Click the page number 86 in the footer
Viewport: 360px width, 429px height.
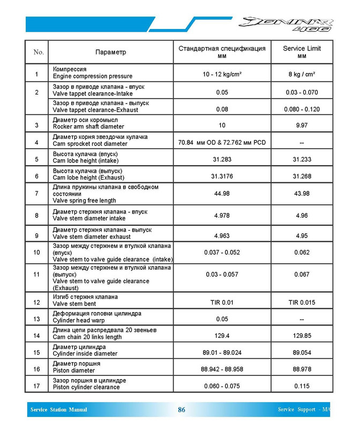coord(182,410)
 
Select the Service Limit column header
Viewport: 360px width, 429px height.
coord(302,51)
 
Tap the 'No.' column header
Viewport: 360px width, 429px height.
coord(38,52)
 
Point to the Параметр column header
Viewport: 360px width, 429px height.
coord(110,52)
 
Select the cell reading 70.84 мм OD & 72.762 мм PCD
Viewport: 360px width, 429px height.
coord(222,142)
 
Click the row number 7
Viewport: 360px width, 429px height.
coord(36,193)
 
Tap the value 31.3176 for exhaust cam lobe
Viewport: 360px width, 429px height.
coord(222,176)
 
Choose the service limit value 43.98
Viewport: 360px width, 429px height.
coord(302,193)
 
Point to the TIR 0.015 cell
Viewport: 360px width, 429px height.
coord(302,302)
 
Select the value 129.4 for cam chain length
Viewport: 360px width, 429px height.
coord(222,336)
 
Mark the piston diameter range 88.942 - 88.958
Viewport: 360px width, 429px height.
coord(222,369)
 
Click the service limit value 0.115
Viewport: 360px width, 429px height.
coord(302,386)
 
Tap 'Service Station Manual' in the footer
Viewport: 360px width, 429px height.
coord(58,410)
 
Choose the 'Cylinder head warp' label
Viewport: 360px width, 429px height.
coord(82,320)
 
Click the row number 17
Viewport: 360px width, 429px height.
coord(36,386)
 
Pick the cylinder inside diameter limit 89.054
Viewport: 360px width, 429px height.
coord(302,352)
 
